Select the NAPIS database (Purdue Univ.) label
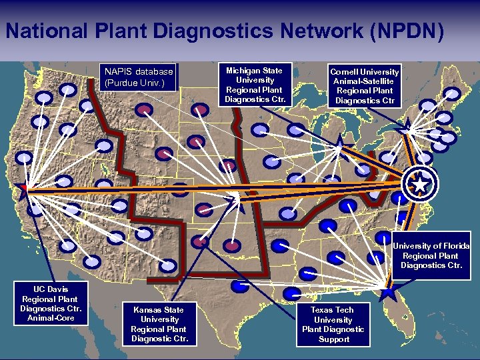[x=138, y=77]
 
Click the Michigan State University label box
[x=254, y=85]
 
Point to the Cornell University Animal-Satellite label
[x=365, y=86]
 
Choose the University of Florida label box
[x=431, y=255]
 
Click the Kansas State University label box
[x=159, y=324]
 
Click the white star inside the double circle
[x=420, y=183]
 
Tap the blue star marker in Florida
[x=388, y=290]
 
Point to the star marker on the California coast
[x=25, y=188]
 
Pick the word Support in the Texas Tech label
[x=333, y=339]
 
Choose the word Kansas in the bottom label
[x=147, y=310]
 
